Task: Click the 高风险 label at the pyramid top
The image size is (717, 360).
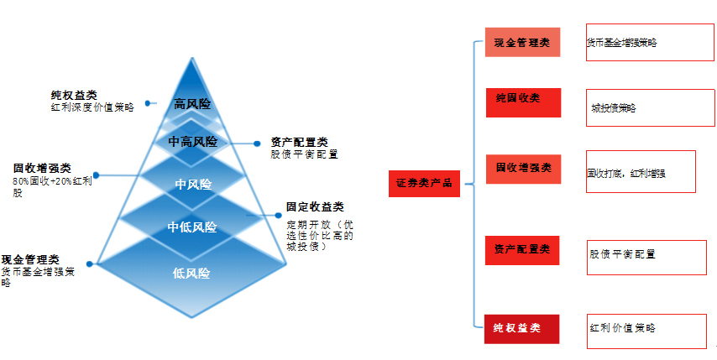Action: pyautogui.click(x=192, y=104)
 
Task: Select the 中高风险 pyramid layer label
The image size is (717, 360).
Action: pyautogui.click(x=192, y=142)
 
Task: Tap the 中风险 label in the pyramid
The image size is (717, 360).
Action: pyautogui.click(x=193, y=184)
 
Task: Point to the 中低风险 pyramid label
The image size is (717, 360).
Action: pyautogui.click(x=192, y=227)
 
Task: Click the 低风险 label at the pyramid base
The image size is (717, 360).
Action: pyautogui.click(x=191, y=273)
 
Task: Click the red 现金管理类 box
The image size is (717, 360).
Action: pyautogui.click(x=522, y=44)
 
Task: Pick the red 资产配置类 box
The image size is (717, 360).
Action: pyautogui.click(x=522, y=250)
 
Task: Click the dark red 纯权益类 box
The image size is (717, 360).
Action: pyautogui.click(x=522, y=328)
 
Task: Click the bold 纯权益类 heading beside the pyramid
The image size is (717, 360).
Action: pyautogui.click(x=74, y=96)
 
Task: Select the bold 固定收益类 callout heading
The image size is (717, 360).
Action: pyautogui.click(x=314, y=206)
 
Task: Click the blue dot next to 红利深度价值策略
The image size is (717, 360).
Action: pyautogui.click(x=147, y=103)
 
